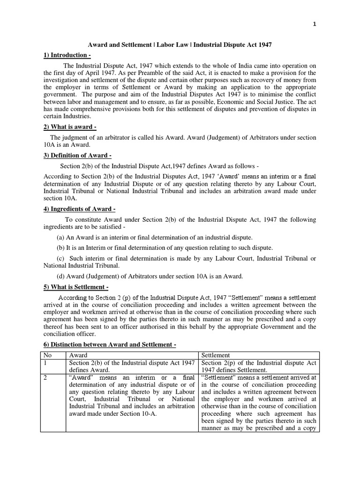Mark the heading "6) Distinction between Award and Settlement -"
click(x=110, y=345)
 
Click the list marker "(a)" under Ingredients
click(x=61, y=238)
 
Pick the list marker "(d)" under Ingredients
click(x=61, y=277)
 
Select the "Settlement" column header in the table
click(x=216, y=355)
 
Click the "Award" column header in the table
click(x=78, y=355)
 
